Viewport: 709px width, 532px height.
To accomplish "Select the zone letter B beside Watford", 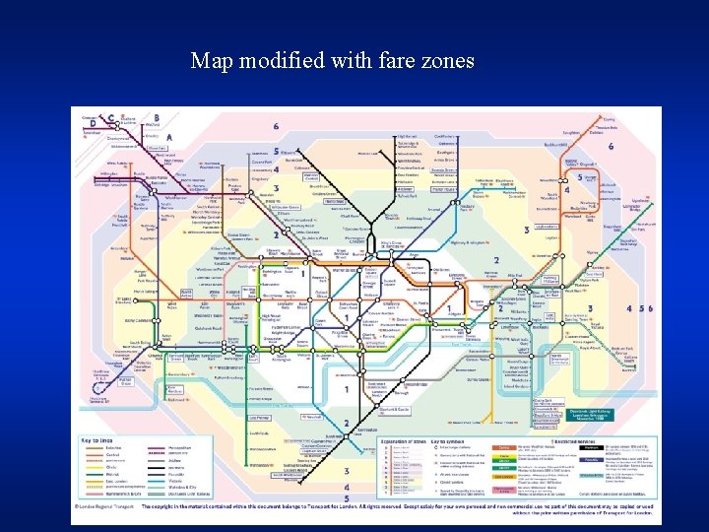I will click(156, 116).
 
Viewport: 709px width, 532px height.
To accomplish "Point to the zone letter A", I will click(169, 137).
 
